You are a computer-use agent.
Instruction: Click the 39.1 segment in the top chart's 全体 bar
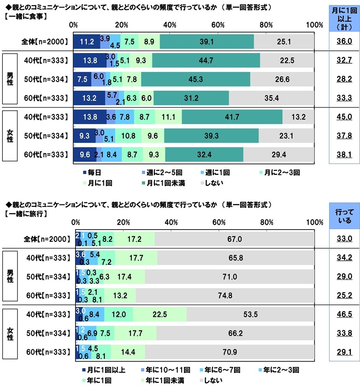point(207,42)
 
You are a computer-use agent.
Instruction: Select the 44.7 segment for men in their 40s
point(206,60)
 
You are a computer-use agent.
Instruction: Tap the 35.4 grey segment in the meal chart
point(271,98)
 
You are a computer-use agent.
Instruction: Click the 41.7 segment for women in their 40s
point(232,117)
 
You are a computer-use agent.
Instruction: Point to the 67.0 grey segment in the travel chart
point(234,239)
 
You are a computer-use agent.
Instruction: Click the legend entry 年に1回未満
point(164,380)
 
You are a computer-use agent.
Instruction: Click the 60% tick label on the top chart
point(218,25)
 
